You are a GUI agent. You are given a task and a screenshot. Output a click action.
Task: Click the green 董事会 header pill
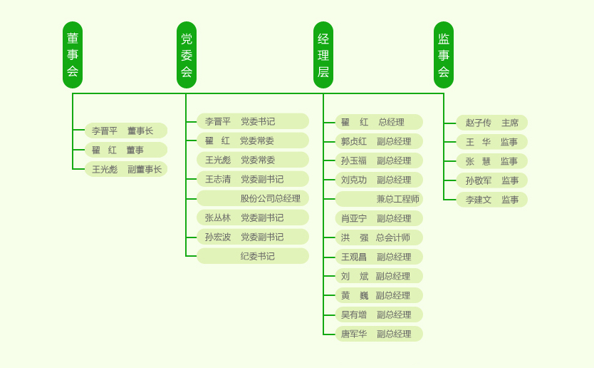pos(73,55)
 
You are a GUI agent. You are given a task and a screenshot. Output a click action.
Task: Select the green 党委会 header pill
pos(187,55)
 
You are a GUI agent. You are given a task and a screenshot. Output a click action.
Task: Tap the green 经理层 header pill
pos(323,55)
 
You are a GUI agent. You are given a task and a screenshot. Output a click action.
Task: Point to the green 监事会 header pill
pos(444,55)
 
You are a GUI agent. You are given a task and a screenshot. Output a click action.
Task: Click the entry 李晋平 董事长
pos(125,131)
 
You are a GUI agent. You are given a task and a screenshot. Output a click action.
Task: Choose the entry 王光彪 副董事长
pos(125,169)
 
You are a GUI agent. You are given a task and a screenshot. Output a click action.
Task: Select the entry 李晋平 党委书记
pos(252,121)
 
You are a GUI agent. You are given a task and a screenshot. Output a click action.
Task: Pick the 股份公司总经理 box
pos(252,198)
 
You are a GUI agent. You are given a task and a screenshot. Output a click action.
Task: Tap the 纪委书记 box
pos(252,256)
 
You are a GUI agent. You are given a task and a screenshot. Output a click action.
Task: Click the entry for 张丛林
pos(252,218)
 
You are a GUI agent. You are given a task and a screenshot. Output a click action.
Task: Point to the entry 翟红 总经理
pos(378,122)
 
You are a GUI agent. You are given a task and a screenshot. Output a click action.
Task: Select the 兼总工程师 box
pos(378,199)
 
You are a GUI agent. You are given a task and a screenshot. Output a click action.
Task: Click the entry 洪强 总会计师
pos(378,237)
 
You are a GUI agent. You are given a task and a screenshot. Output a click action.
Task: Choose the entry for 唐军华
pos(378,334)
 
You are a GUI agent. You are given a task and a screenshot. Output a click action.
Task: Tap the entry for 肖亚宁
pos(378,218)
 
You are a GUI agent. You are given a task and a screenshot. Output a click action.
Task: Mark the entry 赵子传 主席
pos(491,123)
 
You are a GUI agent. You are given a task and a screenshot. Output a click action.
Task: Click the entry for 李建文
pos(491,200)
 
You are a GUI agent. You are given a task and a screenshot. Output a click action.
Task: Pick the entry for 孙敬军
pos(491,180)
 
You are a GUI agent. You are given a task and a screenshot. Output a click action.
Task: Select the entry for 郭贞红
pos(378,141)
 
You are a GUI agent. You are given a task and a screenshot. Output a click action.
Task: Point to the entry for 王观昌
pos(378,257)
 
